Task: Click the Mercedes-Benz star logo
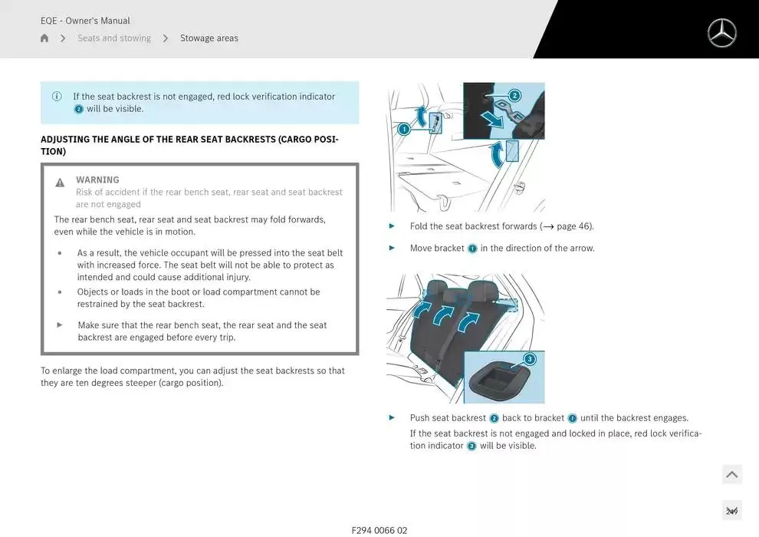point(721,33)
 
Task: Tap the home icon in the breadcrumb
point(44,38)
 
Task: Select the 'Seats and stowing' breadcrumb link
point(114,38)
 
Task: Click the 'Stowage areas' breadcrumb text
point(209,38)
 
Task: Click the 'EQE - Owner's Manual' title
point(85,21)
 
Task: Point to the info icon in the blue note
point(57,97)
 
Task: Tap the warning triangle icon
point(60,183)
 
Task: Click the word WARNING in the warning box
point(97,180)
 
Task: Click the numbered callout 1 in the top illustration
point(404,130)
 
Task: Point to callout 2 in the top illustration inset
point(514,96)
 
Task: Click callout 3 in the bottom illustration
point(529,359)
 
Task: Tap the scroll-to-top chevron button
point(731,475)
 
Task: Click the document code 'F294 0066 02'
point(379,530)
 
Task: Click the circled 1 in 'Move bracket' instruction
point(472,249)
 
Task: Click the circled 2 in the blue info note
point(78,110)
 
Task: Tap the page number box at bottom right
point(731,511)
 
